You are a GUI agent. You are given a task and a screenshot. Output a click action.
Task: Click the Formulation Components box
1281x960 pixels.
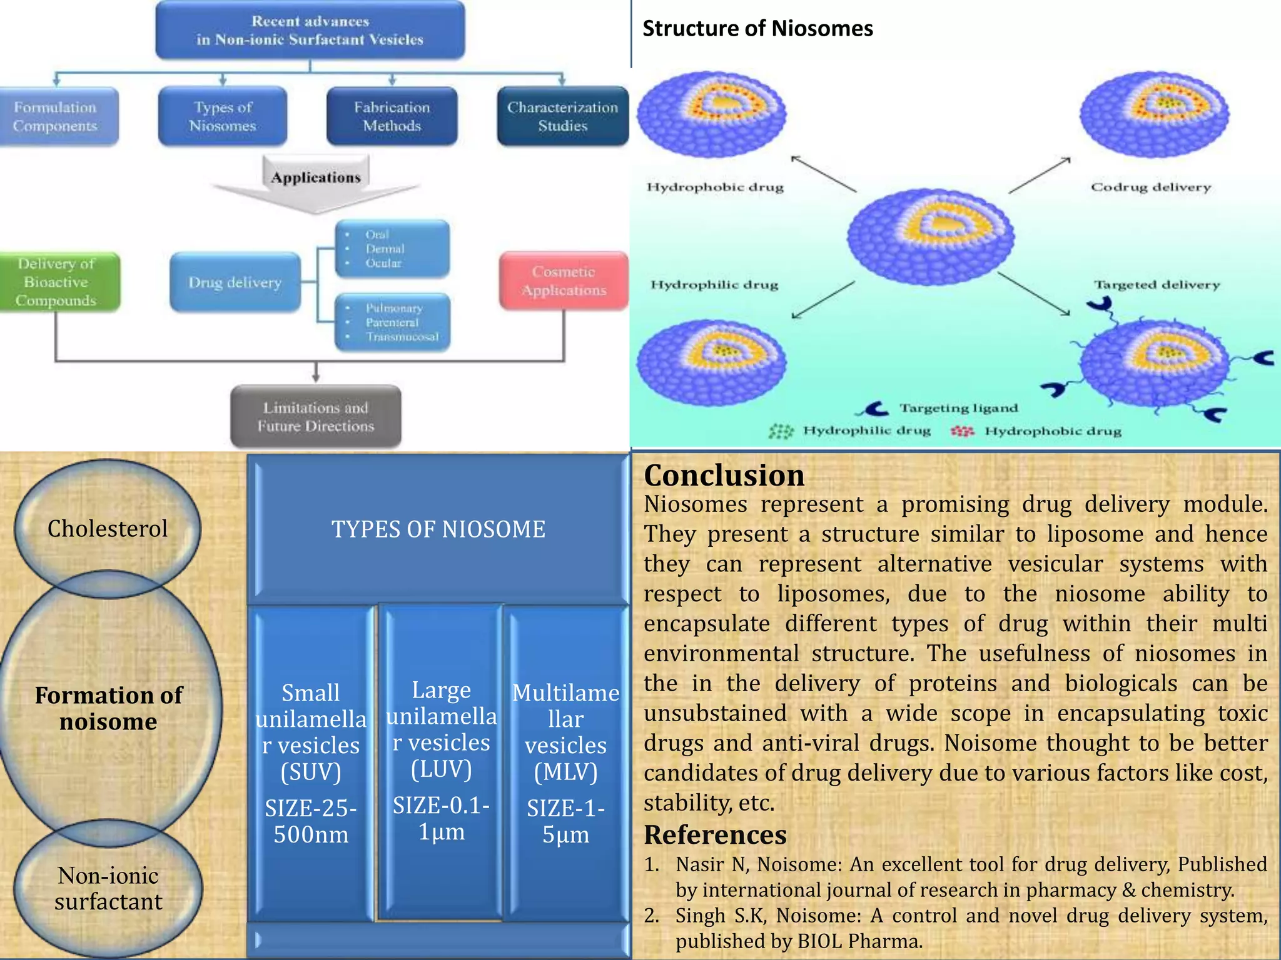coord(56,117)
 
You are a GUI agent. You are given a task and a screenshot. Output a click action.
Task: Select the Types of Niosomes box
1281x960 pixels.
coord(223,117)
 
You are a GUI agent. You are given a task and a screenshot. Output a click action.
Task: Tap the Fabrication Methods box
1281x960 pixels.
coord(392,117)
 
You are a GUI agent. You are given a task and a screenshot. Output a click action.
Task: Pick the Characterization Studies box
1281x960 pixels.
coord(562,117)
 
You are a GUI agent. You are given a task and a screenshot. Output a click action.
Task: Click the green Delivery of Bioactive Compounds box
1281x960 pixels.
coord(58,282)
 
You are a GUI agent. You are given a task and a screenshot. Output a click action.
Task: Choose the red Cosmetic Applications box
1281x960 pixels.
coord(564,281)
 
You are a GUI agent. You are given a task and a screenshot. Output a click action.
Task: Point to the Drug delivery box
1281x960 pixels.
coord(235,282)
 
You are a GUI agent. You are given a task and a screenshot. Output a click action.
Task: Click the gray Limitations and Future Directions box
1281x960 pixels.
coord(316,417)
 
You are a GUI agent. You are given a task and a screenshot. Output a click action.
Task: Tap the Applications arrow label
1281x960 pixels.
coord(316,177)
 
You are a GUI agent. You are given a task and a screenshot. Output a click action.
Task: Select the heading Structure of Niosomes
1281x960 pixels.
coord(757,29)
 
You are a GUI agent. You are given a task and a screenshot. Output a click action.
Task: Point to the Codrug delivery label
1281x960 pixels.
coord(1151,187)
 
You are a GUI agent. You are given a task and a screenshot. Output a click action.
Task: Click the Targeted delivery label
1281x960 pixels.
coord(1157,285)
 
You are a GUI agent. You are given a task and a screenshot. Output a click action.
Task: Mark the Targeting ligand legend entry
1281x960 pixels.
coord(958,408)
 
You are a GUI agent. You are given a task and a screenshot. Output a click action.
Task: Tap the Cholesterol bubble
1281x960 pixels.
coord(108,529)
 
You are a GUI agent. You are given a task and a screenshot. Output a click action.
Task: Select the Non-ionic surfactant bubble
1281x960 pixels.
coord(108,888)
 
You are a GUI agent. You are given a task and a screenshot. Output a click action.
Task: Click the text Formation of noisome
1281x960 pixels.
coord(108,708)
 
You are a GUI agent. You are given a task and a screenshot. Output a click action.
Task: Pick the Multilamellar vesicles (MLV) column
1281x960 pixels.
coord(565,762)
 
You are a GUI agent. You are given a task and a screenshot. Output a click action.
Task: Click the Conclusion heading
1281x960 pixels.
coord(724,476)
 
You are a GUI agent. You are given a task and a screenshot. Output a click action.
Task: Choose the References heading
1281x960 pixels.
coord(715,835)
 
